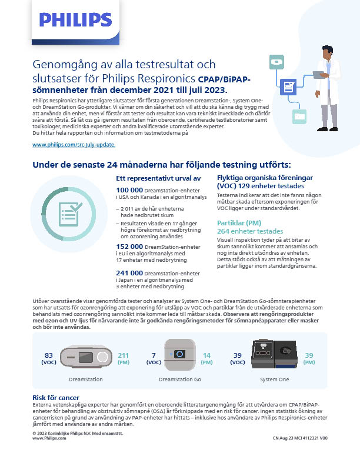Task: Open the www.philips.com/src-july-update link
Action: click(x=74, y=144)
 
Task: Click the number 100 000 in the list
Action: click(x=129, y=190)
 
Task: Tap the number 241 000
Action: click(x=129, y=273)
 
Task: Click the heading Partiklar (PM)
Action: click(x=240, y=223)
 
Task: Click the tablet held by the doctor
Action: click(x=319, y=75)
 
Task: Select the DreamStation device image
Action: click(x=86, y=357)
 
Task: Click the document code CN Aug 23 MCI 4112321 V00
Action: click(x=299, y=438)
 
